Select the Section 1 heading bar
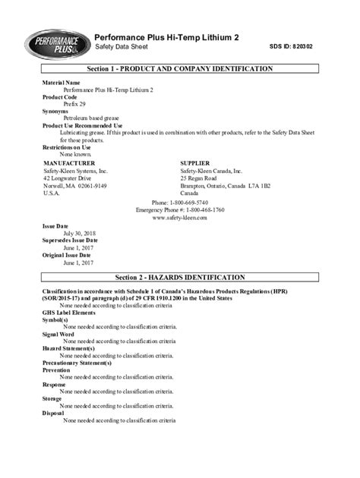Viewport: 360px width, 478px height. coord(179,69)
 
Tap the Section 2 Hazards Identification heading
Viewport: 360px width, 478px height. coord(179,278)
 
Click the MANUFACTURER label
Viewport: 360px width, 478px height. coord(69,163)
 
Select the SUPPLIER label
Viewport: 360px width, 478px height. coord(201,163)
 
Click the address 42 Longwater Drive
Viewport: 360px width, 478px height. coord(68,178)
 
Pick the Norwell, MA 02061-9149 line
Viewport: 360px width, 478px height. coord(75,186)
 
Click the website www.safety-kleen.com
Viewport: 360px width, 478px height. coord(179,218)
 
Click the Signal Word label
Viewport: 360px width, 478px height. coord(58,334)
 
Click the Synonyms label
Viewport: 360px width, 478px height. coord(55,111)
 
